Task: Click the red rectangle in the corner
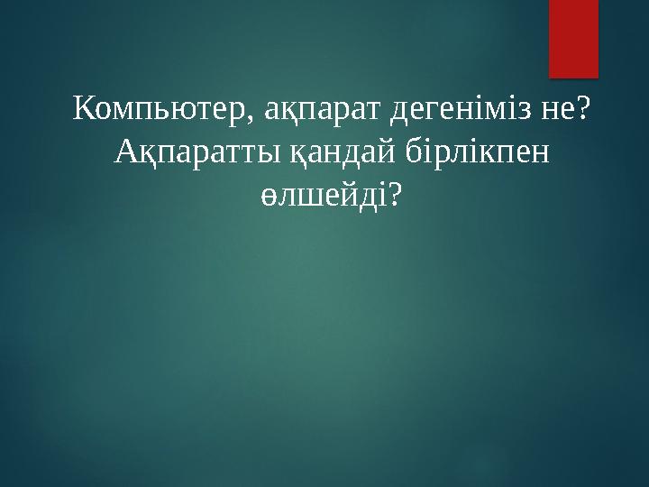[574, 38]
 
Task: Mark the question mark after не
[582, 111]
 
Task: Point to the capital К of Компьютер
[84, 111]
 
